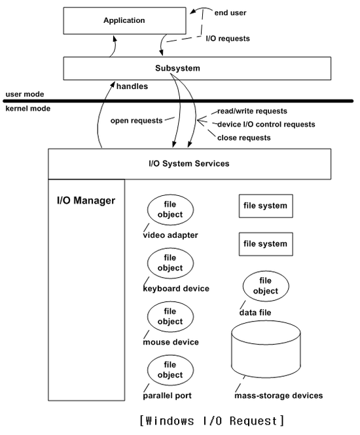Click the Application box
124,21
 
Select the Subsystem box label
177,68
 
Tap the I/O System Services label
189,163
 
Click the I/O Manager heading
86,200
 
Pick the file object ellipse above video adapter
170,210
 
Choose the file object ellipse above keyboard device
170,263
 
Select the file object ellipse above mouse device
170,316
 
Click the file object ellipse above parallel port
170,370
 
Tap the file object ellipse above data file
266,286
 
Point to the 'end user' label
230,12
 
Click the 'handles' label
132,86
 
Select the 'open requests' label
136,121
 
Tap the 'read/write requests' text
252,111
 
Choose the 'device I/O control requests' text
266,124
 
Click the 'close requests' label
244,138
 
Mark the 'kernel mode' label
28,108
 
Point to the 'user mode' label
25,94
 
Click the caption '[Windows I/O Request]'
211,421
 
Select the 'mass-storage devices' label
279,395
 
